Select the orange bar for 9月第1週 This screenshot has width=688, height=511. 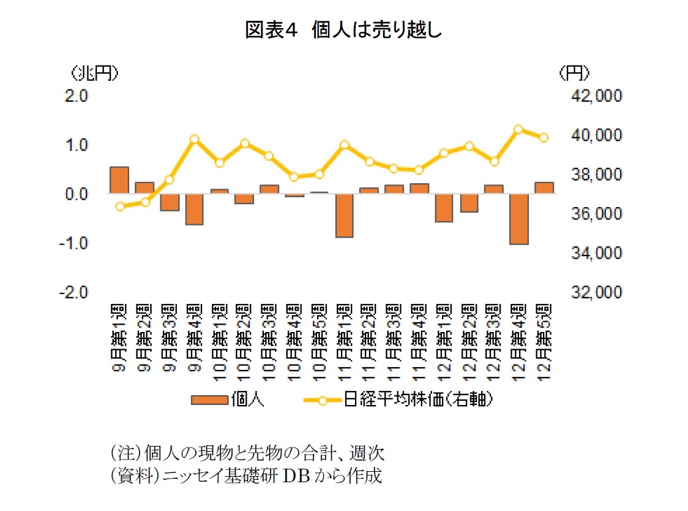[x=119, y=180]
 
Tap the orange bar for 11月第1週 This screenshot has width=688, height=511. [x=345, y=215]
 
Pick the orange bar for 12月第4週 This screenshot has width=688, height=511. [x=519, y=219]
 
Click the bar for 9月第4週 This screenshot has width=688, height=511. [x=195, y=209]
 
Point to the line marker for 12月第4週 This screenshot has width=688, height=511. [x=518, y=129]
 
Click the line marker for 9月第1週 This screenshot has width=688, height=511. [x=120, y=206]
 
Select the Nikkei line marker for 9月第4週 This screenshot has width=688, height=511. [x=195, y=139]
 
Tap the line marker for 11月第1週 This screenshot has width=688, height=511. [x=345, y=145]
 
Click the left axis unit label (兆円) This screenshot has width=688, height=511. [x=93, y=73]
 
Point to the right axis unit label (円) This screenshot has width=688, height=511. [x=574, y=73]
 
